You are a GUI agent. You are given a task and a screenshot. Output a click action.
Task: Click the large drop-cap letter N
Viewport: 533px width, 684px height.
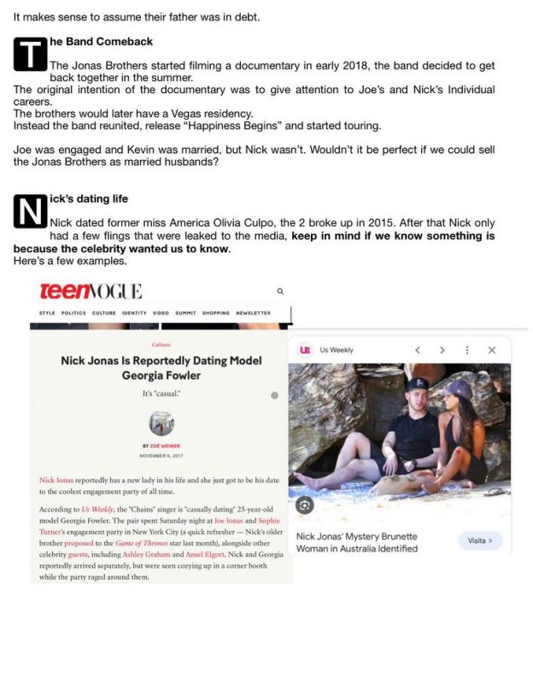point(30,211)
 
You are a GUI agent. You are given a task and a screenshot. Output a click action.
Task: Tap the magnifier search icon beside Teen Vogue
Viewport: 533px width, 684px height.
point(280,292)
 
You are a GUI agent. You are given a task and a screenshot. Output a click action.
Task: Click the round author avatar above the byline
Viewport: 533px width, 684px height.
point(161,424)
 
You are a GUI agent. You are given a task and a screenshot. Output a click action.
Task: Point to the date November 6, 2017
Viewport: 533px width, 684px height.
point(161,455)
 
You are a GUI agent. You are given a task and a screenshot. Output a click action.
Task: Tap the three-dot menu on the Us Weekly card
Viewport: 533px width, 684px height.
point(466,350)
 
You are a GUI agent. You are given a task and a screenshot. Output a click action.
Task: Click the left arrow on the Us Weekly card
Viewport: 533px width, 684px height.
point(418,350)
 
